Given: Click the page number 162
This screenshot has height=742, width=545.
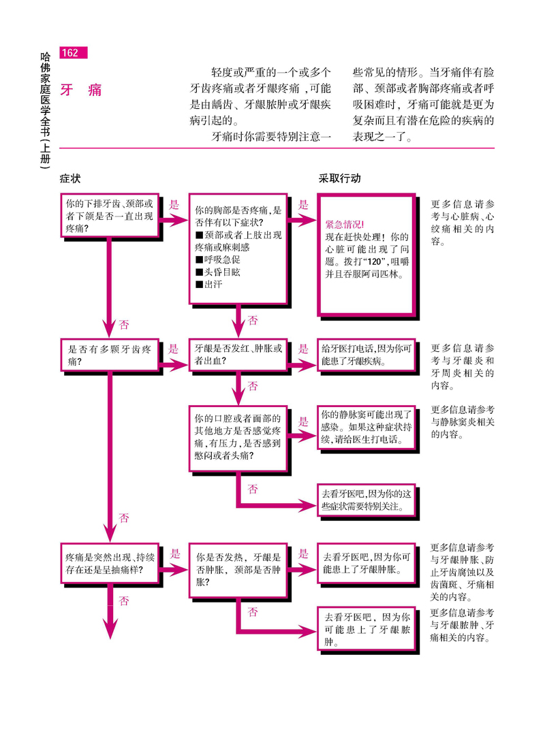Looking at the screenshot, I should (72, 53).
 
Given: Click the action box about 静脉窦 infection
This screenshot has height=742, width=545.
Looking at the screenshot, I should (367, 427).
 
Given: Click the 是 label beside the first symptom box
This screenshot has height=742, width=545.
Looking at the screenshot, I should (173, 204).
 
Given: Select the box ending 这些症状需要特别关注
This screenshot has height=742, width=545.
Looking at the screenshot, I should (367, 500).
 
